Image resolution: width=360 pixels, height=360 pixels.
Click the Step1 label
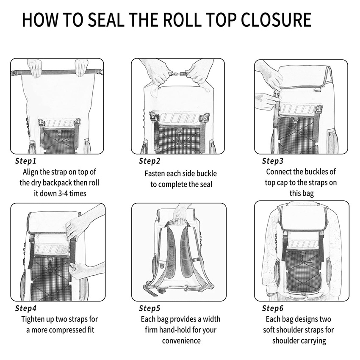point(26,161)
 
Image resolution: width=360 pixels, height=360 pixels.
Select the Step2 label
point(150,161)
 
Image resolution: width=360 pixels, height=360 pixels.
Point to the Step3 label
point(273,161)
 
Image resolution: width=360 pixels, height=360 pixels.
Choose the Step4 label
point(26,308)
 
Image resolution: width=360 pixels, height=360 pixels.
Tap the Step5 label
point(150,308)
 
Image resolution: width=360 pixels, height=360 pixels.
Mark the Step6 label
point(273,308)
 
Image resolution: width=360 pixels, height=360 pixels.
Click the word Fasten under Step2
point(156,173)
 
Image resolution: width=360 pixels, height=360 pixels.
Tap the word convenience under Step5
point(180,341)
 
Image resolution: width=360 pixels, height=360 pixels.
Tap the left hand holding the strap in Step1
point(35,68)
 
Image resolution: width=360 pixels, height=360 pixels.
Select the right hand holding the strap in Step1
point(81,67)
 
